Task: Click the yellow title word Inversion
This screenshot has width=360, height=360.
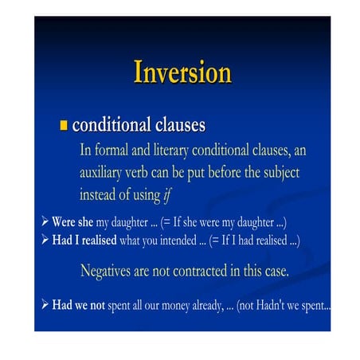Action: click(182, 72)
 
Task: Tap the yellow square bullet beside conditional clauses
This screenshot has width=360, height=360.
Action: click(64, 125)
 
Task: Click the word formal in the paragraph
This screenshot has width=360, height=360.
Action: click(112, 150)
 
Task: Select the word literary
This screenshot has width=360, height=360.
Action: click(171, 151)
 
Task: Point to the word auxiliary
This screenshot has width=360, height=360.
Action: click(100, 173)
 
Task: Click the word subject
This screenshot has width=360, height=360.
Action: click(281, 173)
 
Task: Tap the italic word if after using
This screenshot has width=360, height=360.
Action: click(168, 195)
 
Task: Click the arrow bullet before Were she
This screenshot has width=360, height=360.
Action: click(45, 221)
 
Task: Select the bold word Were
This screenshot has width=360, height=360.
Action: click(63, 222)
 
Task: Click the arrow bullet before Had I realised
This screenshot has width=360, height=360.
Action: click(45, 240)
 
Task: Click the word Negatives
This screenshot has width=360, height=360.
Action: click(105, 272)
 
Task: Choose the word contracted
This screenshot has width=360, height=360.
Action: click(200, 272)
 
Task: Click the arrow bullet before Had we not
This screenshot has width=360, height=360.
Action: click(45, 304)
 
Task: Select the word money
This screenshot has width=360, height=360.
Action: click(175, 306)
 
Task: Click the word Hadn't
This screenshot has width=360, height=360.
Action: click(270, 306)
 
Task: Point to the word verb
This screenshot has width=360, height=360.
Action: click(136, 173)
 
